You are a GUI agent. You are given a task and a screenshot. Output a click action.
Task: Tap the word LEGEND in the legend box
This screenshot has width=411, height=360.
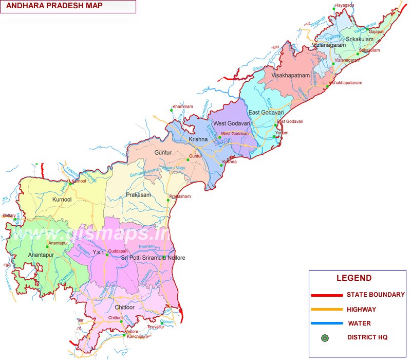pos(354,278)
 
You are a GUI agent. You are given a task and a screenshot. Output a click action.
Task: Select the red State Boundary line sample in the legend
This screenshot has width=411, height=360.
pos(327,295)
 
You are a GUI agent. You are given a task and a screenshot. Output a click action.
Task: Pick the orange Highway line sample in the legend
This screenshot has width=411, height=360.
pos(327,310)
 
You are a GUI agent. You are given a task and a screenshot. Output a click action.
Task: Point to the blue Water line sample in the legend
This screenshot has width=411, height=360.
pos(327,323)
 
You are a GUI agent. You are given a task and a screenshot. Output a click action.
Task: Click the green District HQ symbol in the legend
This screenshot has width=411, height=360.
pos(325,338)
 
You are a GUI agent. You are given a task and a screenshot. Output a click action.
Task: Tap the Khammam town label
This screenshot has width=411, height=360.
pos(183,106)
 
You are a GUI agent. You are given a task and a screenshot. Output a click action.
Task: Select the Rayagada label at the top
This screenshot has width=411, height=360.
pos(345,5)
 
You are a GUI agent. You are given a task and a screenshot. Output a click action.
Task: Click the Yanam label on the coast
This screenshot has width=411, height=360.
pos(282,133)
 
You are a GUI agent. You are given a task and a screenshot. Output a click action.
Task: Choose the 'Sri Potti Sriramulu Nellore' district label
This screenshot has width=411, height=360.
pos(153,258)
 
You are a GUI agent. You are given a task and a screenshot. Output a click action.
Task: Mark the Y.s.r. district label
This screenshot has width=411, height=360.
pos(98,252)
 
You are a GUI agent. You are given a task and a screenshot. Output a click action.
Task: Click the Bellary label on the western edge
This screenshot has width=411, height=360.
pos(9,215)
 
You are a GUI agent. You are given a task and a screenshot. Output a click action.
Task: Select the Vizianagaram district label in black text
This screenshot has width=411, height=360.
pos(329,45)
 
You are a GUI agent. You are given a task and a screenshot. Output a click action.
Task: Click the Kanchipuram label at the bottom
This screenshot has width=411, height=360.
pos(139,337)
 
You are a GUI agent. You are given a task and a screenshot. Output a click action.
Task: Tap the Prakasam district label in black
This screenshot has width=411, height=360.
pos(138,195)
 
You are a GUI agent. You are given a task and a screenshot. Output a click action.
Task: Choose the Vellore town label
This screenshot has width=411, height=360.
pos(132,332)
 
